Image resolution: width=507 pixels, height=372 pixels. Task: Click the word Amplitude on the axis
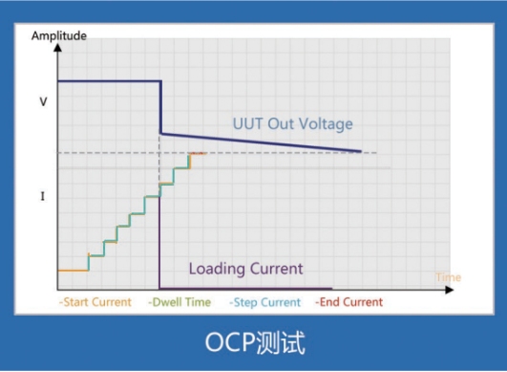58,35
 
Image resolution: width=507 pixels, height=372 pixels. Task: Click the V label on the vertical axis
42,99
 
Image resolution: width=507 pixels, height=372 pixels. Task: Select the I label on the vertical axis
42,196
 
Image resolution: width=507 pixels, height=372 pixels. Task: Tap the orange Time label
448,277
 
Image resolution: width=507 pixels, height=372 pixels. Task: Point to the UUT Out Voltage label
292,124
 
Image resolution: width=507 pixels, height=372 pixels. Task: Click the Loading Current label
245,269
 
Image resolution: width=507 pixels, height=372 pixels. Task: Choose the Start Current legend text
95,302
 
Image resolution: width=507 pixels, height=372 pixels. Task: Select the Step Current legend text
264,302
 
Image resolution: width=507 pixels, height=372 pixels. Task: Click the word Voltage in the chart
324,124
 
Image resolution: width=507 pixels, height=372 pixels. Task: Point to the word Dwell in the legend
166,302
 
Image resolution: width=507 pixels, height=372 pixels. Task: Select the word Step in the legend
245,302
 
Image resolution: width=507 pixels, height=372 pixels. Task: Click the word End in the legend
329,302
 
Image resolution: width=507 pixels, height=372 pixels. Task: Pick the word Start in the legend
77,302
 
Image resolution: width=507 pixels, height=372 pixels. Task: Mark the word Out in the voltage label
278,124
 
